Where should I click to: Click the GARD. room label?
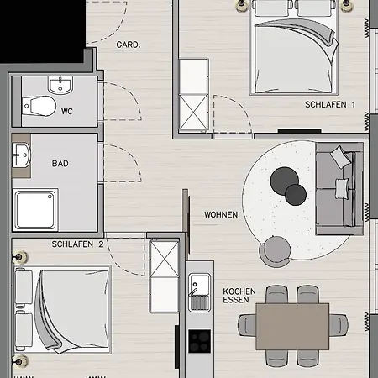tap(128, 44)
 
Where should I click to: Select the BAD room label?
tap(60, 165)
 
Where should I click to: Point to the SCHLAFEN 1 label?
tap(330, 105)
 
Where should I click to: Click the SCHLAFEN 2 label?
tap(77, 244)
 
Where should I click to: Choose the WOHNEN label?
tap(221, 214)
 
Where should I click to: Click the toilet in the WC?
tap(38, 106)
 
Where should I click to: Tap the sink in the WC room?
tap(59, 85)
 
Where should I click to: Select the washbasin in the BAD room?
tap(21, 155)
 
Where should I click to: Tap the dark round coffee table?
tap(296, 195)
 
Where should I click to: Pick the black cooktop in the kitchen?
tap(200, 339)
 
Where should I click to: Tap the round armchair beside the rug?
tap(273, 249)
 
